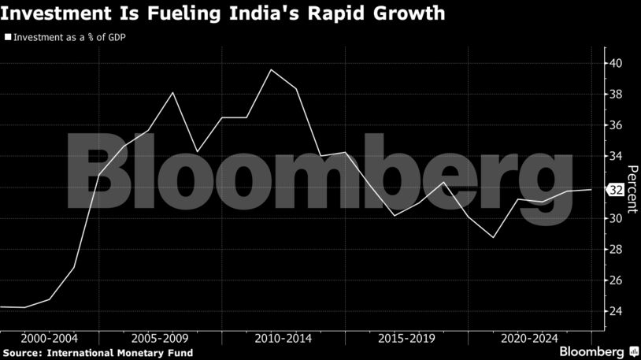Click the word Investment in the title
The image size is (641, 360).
pos(53,13)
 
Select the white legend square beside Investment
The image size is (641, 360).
pos(8,36)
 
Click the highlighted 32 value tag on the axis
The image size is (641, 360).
pos(616,190)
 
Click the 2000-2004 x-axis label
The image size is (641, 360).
pos(49,338)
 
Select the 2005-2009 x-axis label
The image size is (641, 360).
pos(161,338)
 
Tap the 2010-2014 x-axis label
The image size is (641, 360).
pos(283,338)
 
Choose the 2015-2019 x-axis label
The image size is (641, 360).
pos(406,338)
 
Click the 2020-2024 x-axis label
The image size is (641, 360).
pos(528,338)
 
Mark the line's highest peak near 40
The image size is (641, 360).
pos(271,70)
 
